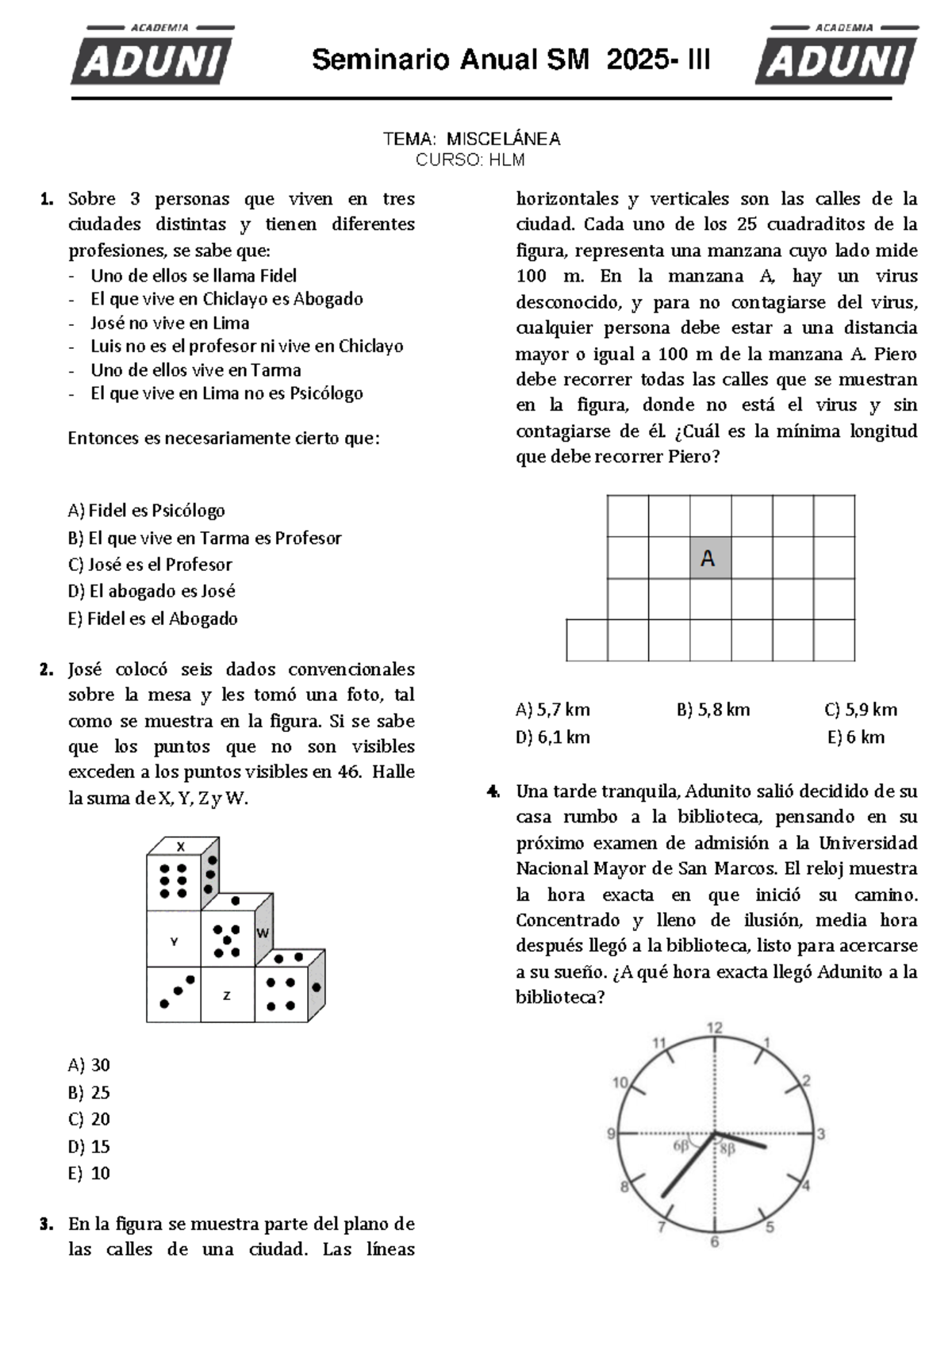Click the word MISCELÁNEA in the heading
click(503, 139)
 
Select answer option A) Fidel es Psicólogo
click(147, 511)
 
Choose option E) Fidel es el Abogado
click(153, 619)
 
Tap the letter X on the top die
click(180, 846)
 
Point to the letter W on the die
click(263, 933)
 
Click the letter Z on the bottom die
click(227, 995)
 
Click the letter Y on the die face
click(174, 941)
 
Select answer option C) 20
click(90, 1119)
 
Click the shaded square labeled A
click(709, 558)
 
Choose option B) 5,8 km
click(713, 709)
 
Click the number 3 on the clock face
click(821, 1134)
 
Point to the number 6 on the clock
click(714, 1242)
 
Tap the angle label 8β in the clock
click(727, 1148)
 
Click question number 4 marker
click(493, 791)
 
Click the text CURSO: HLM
click(470, 160)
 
